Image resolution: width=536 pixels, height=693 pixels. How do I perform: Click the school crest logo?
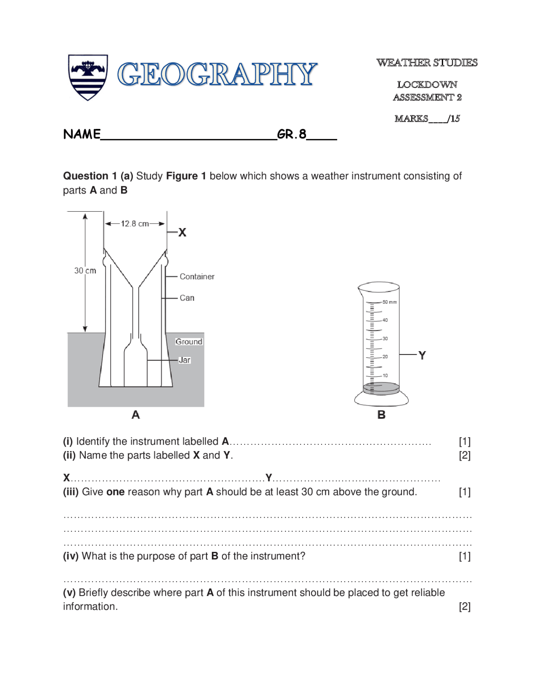(88, 77)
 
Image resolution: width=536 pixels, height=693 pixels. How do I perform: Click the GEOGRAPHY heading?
(217, 74)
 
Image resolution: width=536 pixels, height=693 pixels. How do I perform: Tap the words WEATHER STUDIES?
(427, 63)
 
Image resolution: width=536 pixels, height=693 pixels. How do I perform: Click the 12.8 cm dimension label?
(135, 224)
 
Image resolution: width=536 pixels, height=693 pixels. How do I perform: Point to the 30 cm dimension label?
(85, 271)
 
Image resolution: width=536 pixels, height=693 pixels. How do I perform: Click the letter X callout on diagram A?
(182, 233)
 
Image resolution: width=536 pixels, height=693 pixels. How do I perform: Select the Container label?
(197, 277)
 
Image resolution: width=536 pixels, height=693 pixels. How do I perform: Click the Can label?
(187, 298)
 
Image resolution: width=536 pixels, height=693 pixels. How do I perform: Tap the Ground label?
(188, 341)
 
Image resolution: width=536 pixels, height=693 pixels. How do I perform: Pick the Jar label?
(184, 360)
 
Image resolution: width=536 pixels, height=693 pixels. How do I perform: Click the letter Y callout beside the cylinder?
(422, 355)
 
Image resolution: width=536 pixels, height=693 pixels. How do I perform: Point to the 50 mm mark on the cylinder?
(389, 302)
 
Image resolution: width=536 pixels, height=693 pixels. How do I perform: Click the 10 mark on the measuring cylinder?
(385, 375)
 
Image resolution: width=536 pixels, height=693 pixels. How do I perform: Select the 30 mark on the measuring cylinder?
(385, 338)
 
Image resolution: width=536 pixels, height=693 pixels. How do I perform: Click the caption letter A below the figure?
(136, 415)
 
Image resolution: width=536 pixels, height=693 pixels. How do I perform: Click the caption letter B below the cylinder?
(381, 415)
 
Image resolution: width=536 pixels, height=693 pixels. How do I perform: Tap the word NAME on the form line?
(82, 134)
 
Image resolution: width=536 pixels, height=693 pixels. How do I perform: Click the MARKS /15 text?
(427, 119)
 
